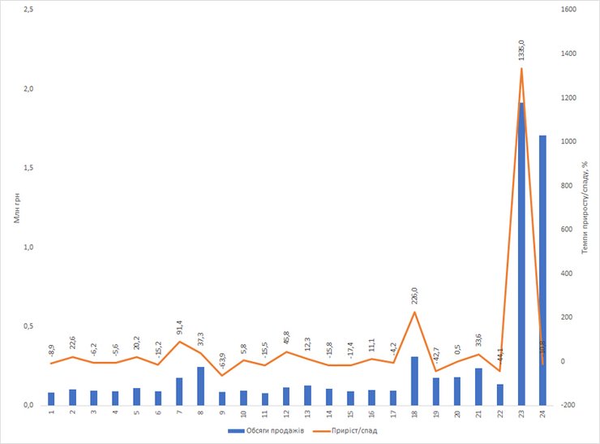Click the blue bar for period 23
point(521,253)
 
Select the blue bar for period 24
point(542,269)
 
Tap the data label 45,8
point(286,337)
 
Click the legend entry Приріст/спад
point(355,430)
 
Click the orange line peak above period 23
point(521,68)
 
